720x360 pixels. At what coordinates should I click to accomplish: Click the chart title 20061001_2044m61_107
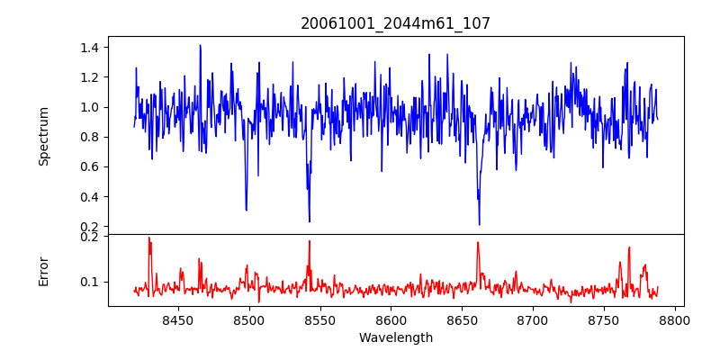tap(395, 23)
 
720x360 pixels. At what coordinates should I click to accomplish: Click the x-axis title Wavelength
tap(395, 338)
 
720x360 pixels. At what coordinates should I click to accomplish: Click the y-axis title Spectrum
tap(43, 136)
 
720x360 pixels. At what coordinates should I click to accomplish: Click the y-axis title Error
tap(43, 271)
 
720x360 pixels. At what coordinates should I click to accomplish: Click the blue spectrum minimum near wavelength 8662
tap(479, 224)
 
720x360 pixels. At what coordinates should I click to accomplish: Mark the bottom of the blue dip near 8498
tap(246, 211)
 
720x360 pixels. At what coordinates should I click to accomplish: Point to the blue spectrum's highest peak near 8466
tap(200, 45)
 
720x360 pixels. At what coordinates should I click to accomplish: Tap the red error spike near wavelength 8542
tap(309, 241)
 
